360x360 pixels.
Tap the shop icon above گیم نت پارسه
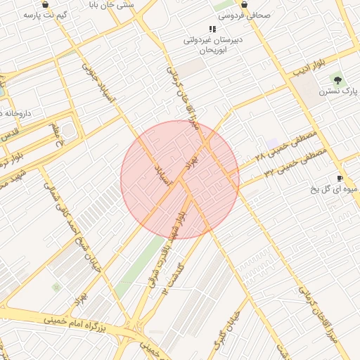(46, 4)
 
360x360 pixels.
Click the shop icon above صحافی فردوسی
(244, 4)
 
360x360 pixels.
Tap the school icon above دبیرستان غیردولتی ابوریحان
(212, 29)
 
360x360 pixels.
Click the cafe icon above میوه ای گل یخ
(340, 178)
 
